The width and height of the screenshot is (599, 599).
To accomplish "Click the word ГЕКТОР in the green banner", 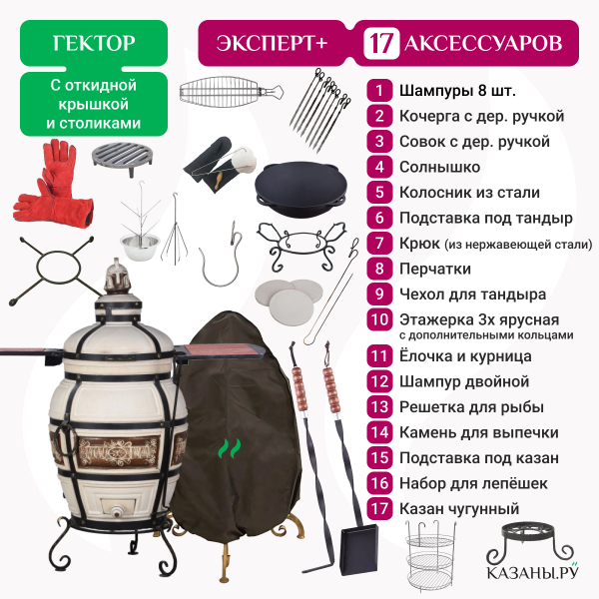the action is click(x=94, y=43).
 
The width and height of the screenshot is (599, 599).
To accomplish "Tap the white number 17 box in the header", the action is click(x=381, y=43).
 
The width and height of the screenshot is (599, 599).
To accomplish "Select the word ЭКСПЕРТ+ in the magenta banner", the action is click(x=273, y=43).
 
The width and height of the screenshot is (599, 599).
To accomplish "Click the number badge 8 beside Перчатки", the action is click(x=379, y=269).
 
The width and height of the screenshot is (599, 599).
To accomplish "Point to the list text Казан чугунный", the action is click(x=459, y=509).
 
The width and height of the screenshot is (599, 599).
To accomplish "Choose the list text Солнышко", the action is click(x=439, y=167).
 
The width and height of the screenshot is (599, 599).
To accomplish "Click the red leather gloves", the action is click(x=53, y=184).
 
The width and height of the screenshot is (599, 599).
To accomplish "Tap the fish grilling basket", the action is click(x=232, y=93).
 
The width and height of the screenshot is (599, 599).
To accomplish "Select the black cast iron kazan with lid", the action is click(x=301, y=189).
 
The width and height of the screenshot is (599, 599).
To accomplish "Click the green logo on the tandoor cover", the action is click(x=230, y=448).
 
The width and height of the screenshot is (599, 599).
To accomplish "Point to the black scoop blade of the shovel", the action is click(x=359, y=549).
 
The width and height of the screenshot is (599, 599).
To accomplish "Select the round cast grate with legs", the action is click(x=122, y=159).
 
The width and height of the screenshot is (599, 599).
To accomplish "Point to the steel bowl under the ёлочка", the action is click(x=140, y=246).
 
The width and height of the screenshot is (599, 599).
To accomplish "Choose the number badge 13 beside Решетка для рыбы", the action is click(x=379, y=407).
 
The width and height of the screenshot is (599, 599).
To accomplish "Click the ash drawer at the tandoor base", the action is click(x=118, y=508).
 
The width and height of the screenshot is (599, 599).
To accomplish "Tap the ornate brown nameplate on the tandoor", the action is click(x=118, y=452).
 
